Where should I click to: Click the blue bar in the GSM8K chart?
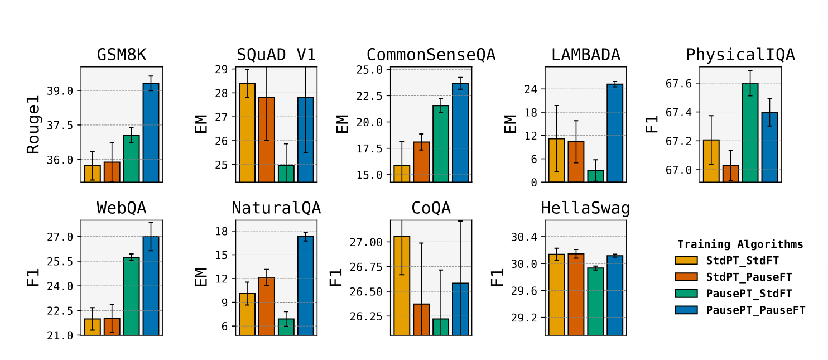point(151,132)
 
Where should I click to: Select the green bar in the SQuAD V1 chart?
point(286,173)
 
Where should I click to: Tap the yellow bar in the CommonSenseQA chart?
point(402,173)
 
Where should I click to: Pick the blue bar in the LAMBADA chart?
point(615,133)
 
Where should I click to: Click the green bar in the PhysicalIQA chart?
point(750,132)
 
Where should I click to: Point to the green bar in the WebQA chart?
point(132,296)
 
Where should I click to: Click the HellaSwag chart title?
point(585,208)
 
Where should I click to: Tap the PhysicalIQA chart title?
point(740,55)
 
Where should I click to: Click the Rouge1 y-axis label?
point(34,124)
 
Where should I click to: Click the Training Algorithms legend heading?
point(740,244)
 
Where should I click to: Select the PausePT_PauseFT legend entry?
point(755,310)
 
